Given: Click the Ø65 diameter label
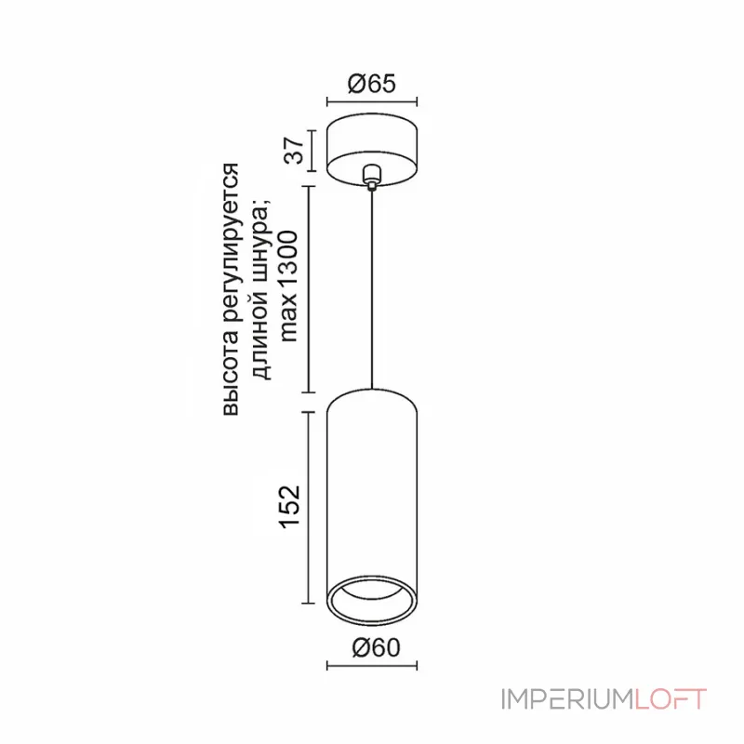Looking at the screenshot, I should (x=371, y=84).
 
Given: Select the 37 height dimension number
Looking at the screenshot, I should (x=295, y=148).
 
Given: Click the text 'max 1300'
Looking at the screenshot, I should (x=289, y=287).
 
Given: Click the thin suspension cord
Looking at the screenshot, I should (x=372, y=288).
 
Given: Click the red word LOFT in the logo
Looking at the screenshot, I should (x=671, y=698).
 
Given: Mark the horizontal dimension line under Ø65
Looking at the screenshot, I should (x=372, y=101).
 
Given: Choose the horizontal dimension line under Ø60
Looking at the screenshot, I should (x=372, y=666).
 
